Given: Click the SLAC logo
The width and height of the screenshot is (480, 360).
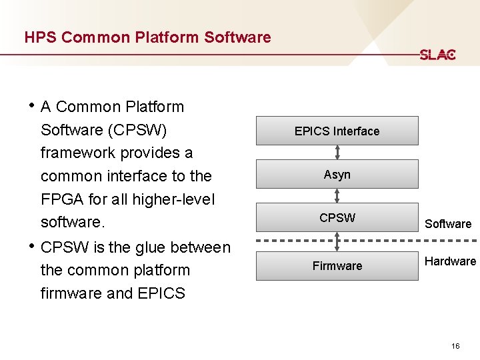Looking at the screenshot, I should pos(437,55).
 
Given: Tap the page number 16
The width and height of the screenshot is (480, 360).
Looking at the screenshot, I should pos(455,346).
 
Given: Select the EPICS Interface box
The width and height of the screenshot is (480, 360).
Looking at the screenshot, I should pos(337,131).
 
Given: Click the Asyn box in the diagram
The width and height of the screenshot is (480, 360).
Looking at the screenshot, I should pos(337,175).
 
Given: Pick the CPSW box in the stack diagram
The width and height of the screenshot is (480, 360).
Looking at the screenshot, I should pos(337,218).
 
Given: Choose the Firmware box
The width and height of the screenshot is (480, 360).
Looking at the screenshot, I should pos(337,266).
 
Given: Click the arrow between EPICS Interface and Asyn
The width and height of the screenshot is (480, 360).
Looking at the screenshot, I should pos(337,153).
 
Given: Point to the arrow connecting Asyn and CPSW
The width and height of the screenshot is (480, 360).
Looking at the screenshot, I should pos(337,196).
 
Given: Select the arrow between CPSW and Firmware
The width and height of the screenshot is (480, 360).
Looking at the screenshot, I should pos(337,241).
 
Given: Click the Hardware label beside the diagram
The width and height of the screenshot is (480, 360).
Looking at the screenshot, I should pos(450,261).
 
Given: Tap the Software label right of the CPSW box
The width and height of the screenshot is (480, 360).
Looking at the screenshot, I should pos(448,224).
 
